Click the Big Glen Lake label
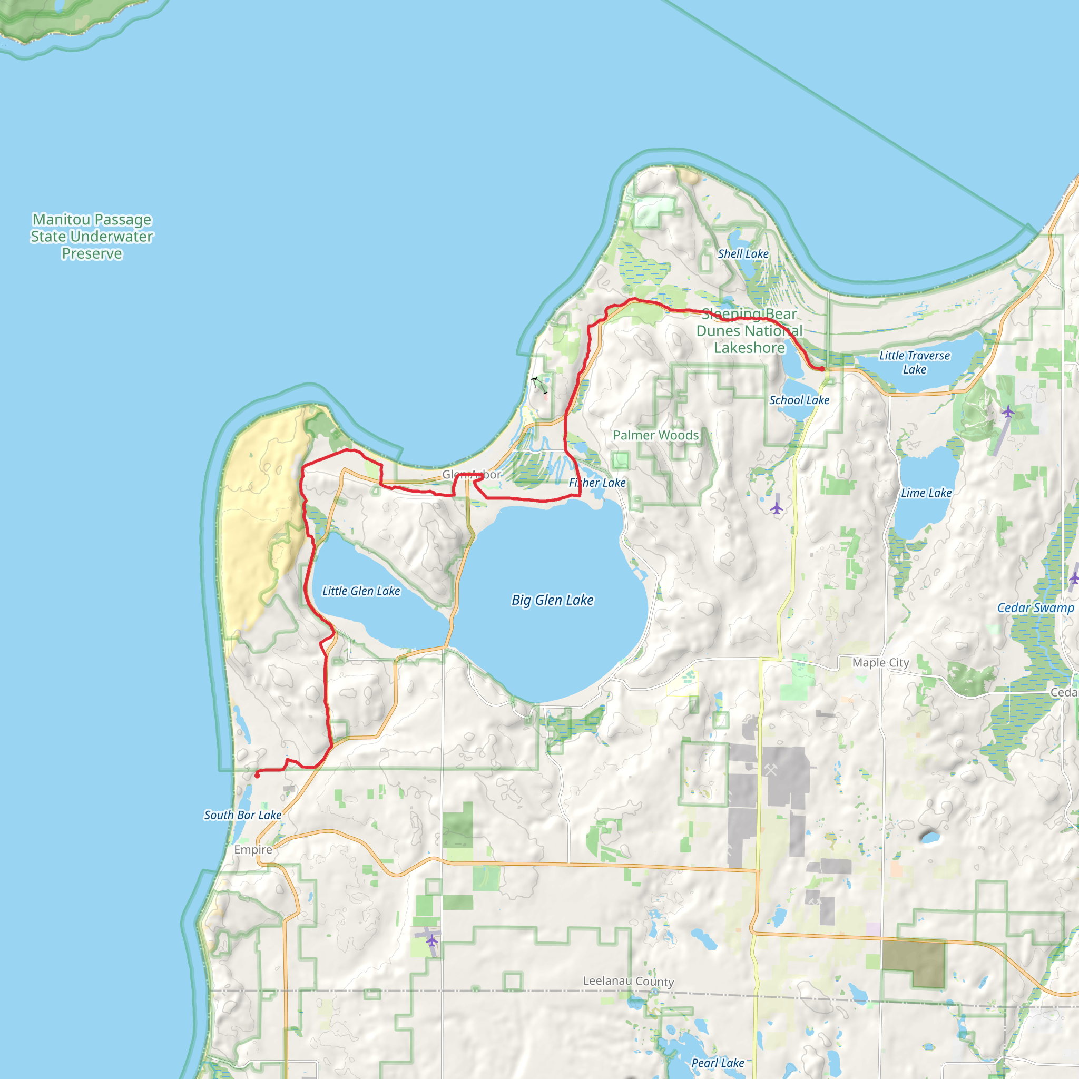(552, 600)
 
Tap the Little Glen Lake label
(361, 591)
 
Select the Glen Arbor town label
(472, 475)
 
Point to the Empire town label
(253, 849)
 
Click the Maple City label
(880, 662)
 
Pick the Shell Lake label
(743, 253)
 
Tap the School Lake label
(799, 400)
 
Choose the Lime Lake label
(926, 493)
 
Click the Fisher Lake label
(597, 483)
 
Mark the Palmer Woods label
(655, 435)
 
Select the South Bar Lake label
(242, 815)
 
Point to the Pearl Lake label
(717, 1063)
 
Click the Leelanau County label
(629, 981)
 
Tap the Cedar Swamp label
(1035, 607)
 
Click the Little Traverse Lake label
(914, 362)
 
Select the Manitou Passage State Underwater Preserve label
(92, 236)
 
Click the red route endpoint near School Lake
(821, 369)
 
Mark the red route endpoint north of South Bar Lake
(257, 775)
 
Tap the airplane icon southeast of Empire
(431, 940)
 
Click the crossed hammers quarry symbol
(771, 770)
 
